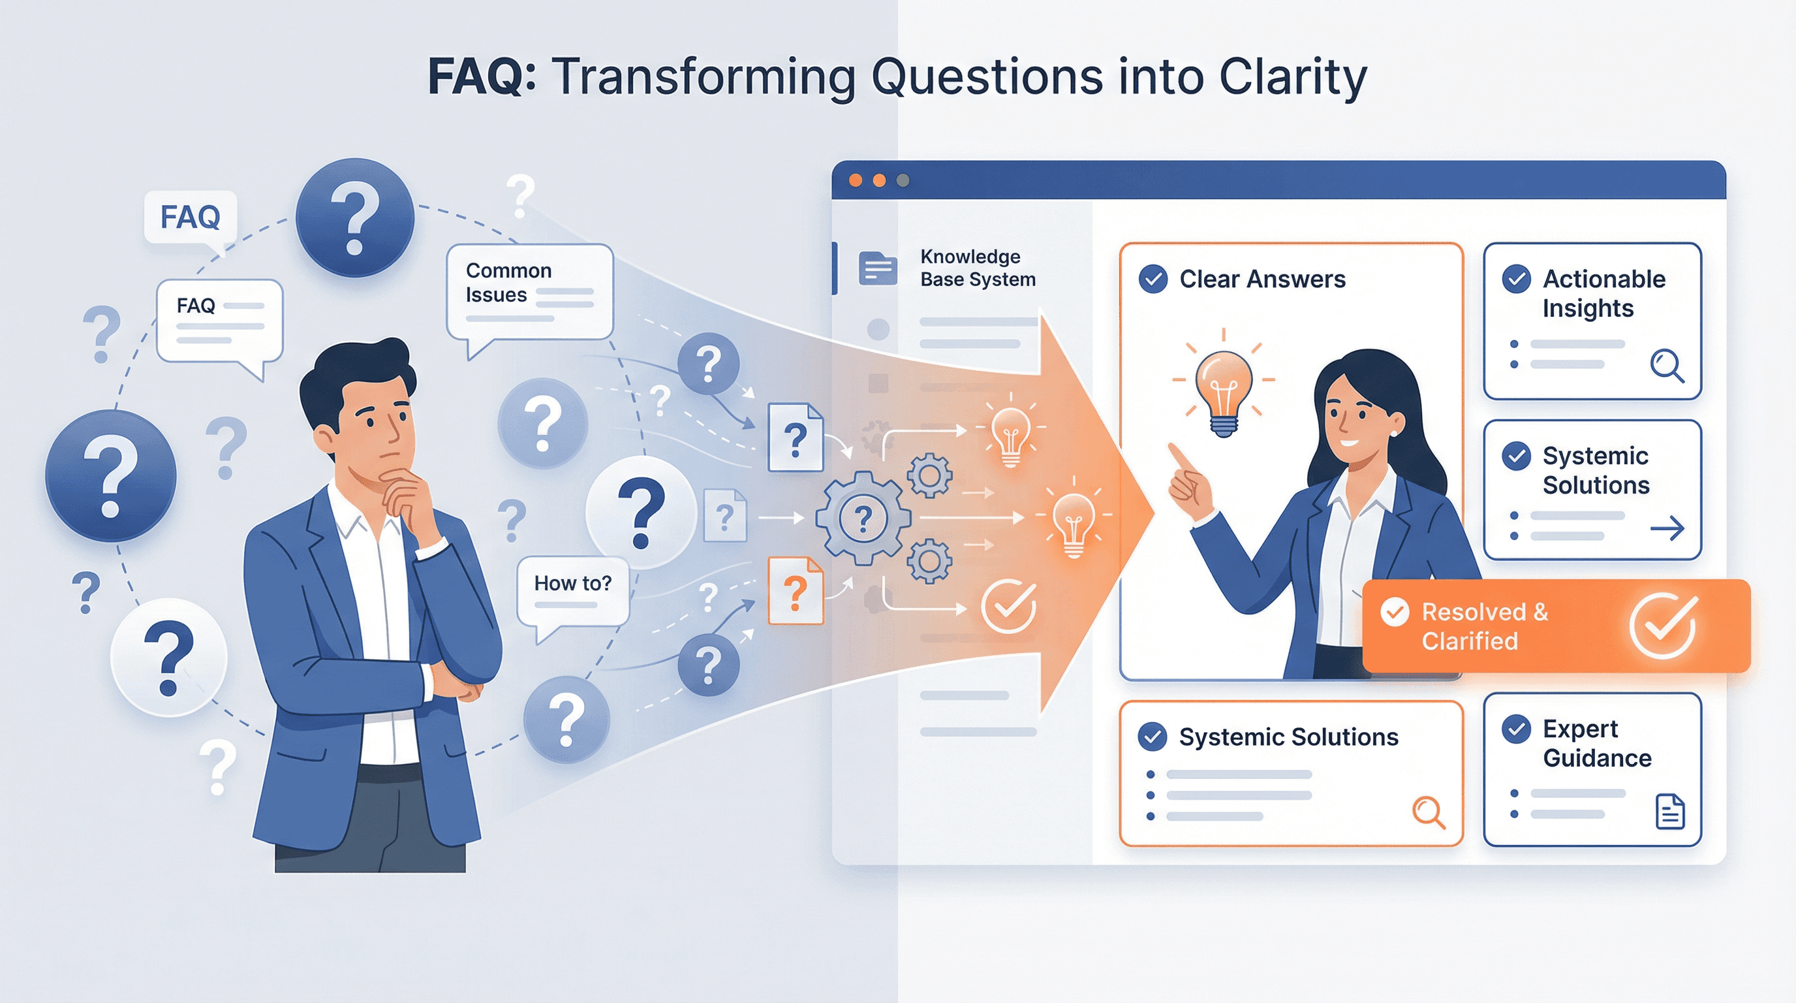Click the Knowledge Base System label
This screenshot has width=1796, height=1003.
(978, 268)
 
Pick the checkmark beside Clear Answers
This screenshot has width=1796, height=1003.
(1153, 279)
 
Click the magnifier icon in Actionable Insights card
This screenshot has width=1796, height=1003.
(1666, 366)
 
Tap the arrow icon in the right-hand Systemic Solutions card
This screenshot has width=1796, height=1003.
(1667, 528)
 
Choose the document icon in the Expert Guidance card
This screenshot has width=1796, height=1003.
(1669, 811)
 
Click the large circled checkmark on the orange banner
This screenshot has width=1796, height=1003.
(1663, 626)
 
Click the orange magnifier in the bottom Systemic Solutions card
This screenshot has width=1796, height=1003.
(1428, 812)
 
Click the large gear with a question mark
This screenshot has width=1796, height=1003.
(863, 518)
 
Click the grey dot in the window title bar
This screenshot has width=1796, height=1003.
(903, 181)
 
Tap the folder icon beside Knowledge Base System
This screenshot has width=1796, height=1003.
(878, 268)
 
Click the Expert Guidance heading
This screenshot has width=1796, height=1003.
(1596, 743)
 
